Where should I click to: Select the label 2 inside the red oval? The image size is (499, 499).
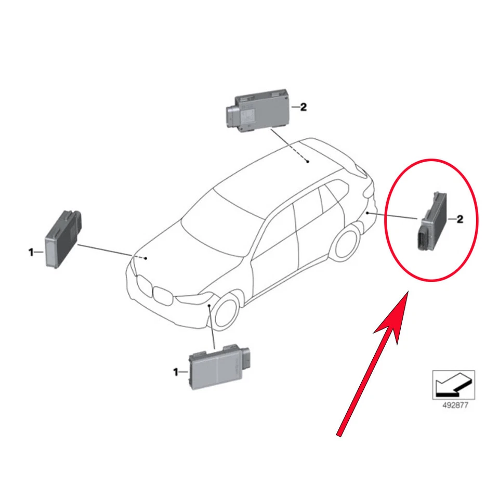(459, 219)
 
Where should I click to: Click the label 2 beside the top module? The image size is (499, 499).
(304, 108)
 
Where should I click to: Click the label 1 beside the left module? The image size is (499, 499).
(31, 253)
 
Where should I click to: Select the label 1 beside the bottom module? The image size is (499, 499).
(175, 372)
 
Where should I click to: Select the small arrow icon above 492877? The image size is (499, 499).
(453, 385)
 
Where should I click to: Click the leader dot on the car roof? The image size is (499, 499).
(308, 162)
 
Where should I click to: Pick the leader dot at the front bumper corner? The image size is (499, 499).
(209, 307)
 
